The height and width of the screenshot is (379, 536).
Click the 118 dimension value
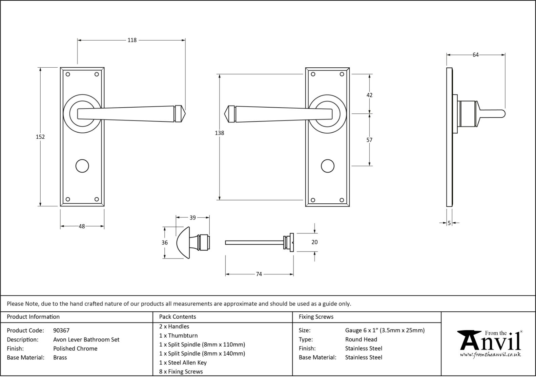click(x=132, y=40)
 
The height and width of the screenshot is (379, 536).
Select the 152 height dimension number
click(x=40, y=137)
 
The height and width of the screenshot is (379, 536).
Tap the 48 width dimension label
click(x=82, y=226)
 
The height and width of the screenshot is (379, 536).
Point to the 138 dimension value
click(x=220, y=133)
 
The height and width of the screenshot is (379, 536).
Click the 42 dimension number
click(x=369, y=95)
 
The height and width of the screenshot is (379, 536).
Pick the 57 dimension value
click(x=369, y=140)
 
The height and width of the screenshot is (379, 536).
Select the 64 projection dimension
click(x=475, y=55)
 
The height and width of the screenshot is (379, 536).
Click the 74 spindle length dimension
click(x=259, y=274)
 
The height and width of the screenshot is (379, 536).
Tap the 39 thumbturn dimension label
click(x=192, y=218)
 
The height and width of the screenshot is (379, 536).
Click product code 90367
click(x=61, y=331)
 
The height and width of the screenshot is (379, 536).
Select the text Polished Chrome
click(x=75, y=349)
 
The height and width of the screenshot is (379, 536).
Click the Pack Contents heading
click(x=178, y=317)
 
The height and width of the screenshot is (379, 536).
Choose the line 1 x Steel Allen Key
click(x=183, y=362)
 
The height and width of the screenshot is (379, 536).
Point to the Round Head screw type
click(x=361, y=339)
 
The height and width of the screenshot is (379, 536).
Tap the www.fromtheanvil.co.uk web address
click(x=490, y=355)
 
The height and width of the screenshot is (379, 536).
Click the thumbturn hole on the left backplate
click(x=82, y=166)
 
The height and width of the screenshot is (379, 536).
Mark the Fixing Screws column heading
click(x=316, y=317)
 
